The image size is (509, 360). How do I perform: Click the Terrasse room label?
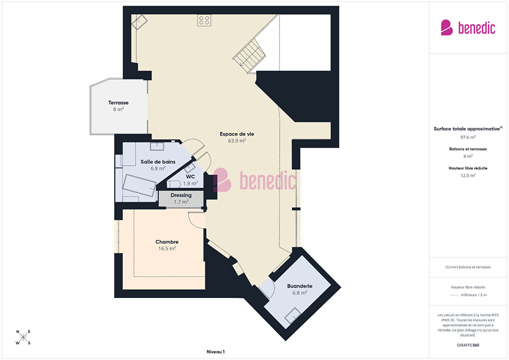coord(118,103)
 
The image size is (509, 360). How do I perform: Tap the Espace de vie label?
coord(237,134)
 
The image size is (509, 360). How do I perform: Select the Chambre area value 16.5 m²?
coord(167,249)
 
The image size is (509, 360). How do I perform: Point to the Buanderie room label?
coord(300,286)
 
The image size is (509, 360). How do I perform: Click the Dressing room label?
coord(181,195)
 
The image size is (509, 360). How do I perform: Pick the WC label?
coord(190,176)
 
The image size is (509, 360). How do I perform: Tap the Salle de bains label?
coord(158,162)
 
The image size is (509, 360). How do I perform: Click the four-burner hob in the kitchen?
coord(204,20)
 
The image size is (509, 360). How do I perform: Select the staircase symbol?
coord(249,56)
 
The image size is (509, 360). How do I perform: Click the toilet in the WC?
coord(173,184)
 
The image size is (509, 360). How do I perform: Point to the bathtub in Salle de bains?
coord(139,186)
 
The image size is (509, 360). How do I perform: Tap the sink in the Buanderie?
coord(293,315)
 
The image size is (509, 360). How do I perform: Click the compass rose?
coord(23,337)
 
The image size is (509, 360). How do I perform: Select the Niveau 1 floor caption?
coord(216,352)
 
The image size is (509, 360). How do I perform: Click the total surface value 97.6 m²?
coord(468,137)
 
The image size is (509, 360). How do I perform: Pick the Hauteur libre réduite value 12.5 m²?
coord(468,175)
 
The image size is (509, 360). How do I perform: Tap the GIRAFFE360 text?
coord(468,345)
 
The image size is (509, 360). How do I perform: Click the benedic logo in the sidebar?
coord(468,27)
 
